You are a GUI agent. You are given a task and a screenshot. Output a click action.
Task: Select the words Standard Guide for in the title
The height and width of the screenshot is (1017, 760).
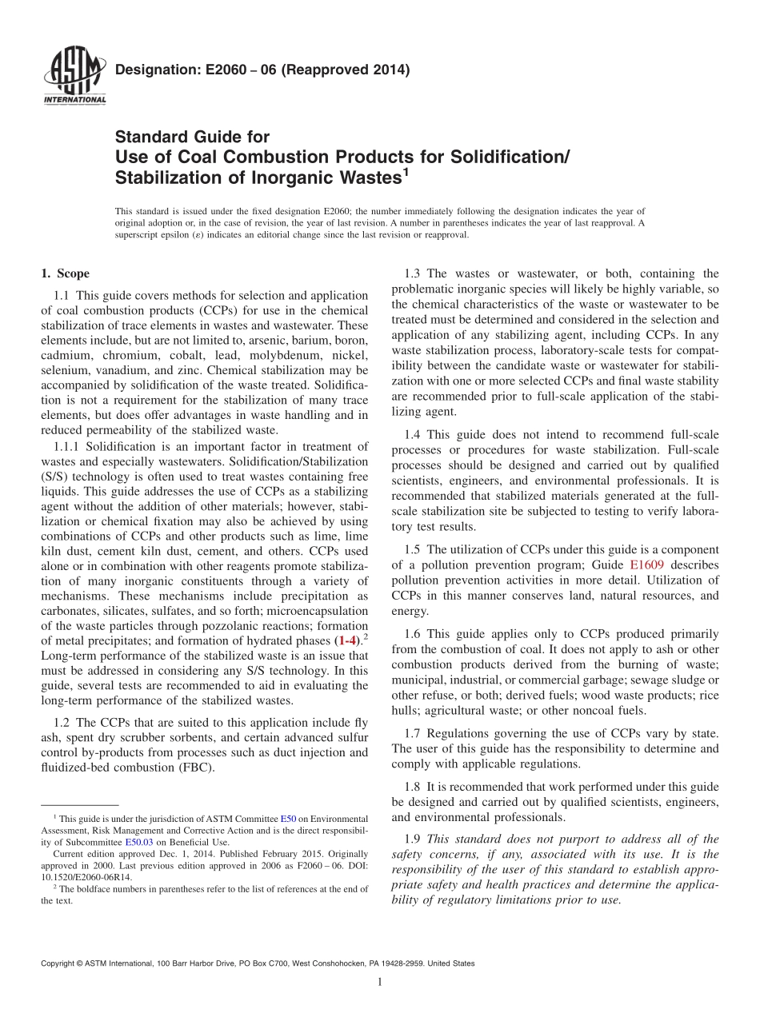click(192, 137)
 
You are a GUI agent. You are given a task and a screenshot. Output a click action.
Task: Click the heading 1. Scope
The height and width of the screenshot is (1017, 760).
click(65, 273)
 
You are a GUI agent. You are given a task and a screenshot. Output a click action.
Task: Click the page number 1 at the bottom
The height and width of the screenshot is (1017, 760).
click(380, 982)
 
